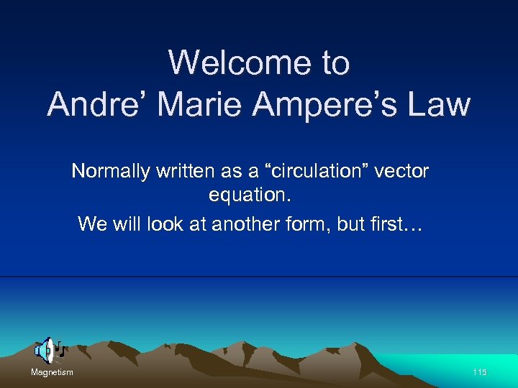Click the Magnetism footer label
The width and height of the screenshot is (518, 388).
[52, 372]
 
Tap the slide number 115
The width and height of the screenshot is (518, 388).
[480, 372]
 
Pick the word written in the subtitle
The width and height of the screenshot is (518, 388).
[190, 172]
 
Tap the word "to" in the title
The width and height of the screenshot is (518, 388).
[336, 63]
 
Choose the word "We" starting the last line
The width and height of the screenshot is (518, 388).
[93, 223]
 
